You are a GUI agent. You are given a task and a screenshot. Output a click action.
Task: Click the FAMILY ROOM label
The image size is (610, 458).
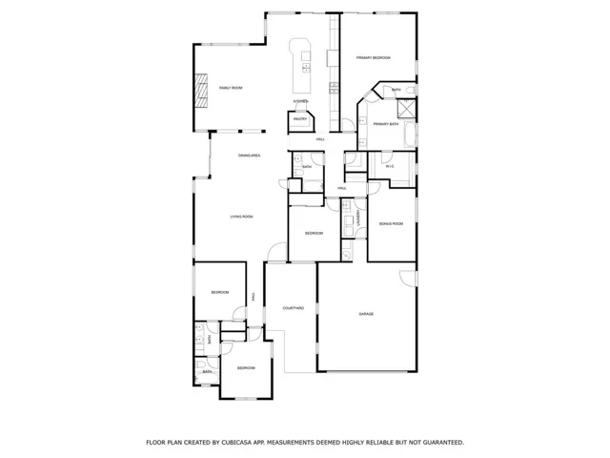coord(231,88)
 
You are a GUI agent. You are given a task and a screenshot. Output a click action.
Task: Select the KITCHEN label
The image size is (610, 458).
coord(300,101)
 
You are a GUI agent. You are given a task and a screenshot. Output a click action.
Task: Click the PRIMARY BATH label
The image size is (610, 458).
coord(386,124)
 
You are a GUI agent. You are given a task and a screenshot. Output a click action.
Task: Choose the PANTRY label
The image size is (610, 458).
coord(300,119)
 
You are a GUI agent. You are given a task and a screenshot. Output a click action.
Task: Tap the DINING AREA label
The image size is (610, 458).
coord(250,155)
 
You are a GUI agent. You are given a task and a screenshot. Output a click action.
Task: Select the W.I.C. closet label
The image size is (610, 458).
coord(390,167)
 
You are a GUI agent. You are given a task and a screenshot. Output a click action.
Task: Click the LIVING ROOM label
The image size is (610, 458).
coord(241,217)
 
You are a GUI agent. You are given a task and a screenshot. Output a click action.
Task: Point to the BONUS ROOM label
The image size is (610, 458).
coord(391,223)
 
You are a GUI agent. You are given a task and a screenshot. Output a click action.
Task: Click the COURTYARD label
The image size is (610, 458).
coord(294,308)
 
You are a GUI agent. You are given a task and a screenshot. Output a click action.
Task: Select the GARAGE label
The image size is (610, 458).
coord(365,314)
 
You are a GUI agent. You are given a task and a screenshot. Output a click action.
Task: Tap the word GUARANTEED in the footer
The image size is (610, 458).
coord(437,443)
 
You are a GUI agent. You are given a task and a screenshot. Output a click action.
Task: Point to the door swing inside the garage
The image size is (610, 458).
coord(405,279)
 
